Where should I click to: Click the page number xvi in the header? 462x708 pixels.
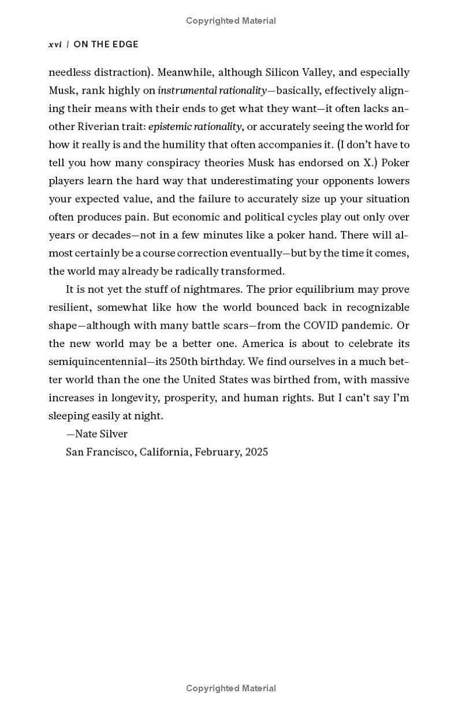[55, 44]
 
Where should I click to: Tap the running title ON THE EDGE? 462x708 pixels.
[106, 44]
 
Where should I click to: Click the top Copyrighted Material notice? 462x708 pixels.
[231, 21]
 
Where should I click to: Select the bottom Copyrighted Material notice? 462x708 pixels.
[231, 688]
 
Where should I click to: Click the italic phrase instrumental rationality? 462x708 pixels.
[212, 91]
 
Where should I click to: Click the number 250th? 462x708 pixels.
[185, 362]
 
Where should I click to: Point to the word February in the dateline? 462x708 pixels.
[215, 452]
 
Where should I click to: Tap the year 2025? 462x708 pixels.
[256, 452]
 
